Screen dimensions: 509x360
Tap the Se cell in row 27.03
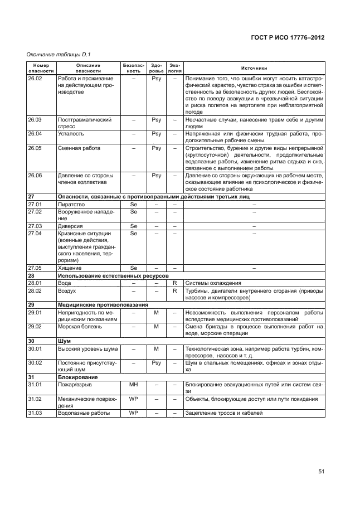pyautogui.click(x=133, y=226)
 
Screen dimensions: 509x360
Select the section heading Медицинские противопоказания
pyautogui.click(x=103, y=305)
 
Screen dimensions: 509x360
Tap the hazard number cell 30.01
pyautogui.click(x=35, y=349)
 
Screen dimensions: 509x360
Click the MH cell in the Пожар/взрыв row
pyautogui.click(x=133, y=385)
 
